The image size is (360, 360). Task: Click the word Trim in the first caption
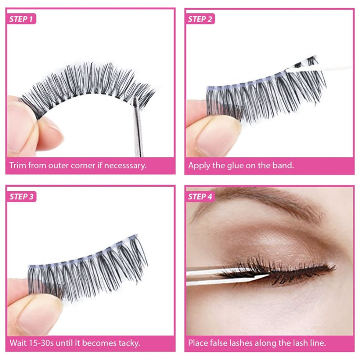18,165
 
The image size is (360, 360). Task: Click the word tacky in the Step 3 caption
128,343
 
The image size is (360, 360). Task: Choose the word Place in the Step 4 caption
198,343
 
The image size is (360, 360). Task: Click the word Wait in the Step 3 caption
18,343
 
